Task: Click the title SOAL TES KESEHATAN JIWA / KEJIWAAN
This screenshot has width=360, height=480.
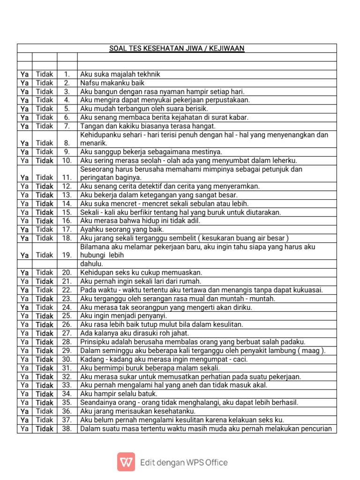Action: coord(177,48)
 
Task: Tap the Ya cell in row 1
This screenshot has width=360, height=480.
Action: coord(24,74)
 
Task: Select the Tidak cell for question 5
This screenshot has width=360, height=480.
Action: coord(45,109)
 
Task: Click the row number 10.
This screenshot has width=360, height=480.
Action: coord(67,160)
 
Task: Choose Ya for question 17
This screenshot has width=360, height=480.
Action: coord(24,229)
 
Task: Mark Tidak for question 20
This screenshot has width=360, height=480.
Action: coord(45,272)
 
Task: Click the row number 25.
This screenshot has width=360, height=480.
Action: coord(67,316)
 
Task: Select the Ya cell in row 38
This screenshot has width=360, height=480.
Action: coord(24,428)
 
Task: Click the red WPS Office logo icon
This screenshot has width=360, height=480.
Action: coord(126,462)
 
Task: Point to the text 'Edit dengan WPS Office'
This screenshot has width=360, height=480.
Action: coord(184,463)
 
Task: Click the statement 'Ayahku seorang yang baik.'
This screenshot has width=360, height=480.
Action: coord(122,229)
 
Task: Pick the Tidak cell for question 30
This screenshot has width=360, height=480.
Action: coord(45,359)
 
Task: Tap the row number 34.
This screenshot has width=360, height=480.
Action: coord(67,394)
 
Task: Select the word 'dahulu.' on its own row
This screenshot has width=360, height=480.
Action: coord(92,264)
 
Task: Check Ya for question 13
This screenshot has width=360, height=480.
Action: coord(24,195)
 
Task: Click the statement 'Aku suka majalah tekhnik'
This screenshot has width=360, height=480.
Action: coord(120,74)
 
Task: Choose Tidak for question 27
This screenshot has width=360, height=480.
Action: coord(45,333)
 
